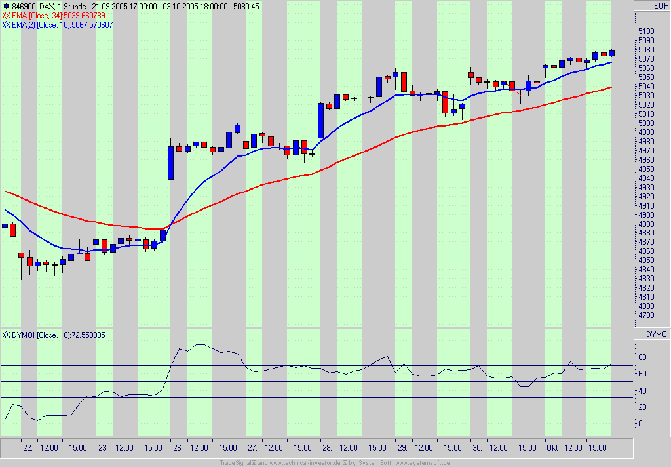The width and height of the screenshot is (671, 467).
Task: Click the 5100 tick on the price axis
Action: (646, 31)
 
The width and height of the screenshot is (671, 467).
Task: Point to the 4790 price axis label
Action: (646, 315)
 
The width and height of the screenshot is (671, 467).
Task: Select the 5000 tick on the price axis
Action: (646, 123)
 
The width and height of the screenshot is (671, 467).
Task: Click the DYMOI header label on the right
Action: (657, 335)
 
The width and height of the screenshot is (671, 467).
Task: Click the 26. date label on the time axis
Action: (178, 448)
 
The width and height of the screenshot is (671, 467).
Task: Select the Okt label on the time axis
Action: (552, 448)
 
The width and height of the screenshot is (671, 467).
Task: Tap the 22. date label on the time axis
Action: (28, 448)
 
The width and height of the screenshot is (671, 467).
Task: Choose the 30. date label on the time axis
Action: (478, 448)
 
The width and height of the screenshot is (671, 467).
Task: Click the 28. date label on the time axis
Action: (328, 448)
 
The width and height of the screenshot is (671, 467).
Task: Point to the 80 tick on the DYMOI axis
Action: (642, 357)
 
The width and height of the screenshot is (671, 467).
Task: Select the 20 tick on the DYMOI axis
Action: (642, 407)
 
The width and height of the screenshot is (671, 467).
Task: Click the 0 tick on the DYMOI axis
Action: (640, 423)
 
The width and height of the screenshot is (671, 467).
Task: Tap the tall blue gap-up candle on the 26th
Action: (171, 162)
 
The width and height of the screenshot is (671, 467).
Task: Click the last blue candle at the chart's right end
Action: (611, 52)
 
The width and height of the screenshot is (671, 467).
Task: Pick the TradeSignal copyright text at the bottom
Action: (335, 462)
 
